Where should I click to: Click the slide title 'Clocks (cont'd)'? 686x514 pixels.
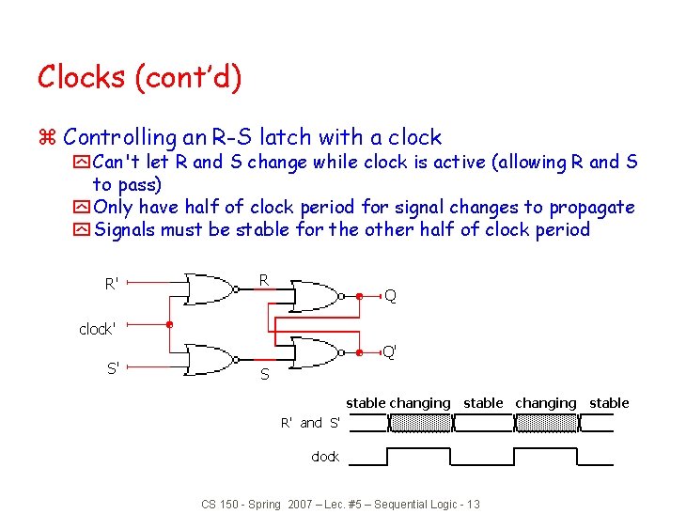139,77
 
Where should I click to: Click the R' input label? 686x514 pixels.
112,283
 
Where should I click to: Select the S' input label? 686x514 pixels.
113,367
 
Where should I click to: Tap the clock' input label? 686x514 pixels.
98,329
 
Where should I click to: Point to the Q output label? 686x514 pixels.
390,296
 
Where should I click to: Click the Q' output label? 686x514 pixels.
389,352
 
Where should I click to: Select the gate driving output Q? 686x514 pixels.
317,296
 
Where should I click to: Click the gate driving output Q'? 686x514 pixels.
317,352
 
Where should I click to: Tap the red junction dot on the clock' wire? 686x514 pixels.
169,326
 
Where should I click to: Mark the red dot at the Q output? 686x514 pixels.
361,296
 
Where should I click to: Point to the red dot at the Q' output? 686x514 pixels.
361,352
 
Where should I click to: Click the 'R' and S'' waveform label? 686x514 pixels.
311,424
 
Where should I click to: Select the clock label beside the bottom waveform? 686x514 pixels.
325,457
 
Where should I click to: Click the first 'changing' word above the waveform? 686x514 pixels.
420,403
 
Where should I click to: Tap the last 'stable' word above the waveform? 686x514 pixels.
609,403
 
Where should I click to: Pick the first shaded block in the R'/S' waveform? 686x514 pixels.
420,424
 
